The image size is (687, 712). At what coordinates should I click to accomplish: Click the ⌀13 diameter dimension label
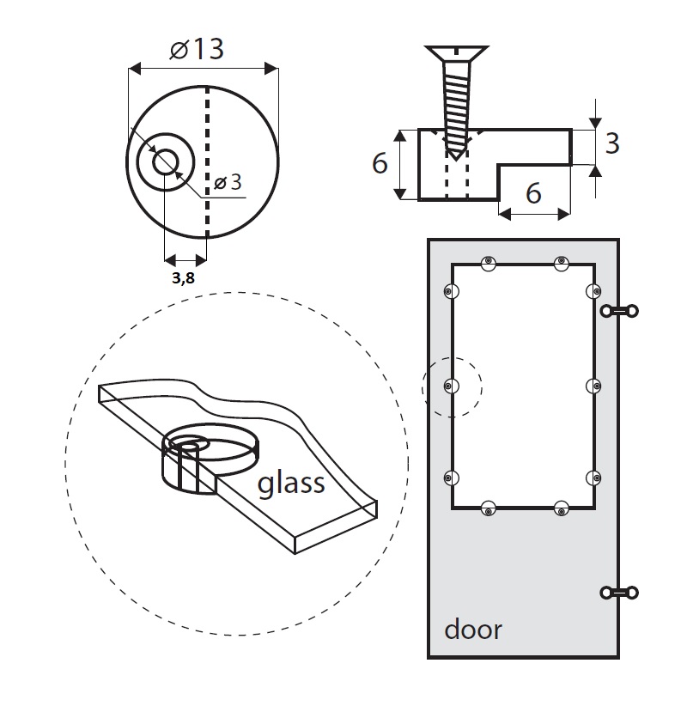(x=198, y=48)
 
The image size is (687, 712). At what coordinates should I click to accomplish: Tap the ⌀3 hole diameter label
(x=228, y=183)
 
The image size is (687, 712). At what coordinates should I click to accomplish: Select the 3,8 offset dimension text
(x=184, y=278)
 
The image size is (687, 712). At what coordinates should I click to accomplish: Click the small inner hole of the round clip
(x=164, y=161)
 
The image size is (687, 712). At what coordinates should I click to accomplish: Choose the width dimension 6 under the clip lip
(x=533, y=194)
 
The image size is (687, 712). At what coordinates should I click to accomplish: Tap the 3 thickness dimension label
(x=611, y=143)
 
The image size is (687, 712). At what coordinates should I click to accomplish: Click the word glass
(x=291, y=484)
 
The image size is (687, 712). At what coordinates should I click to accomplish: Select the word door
(x=472, y=630)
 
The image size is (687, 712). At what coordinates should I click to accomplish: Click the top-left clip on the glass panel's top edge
(x=488, y=263)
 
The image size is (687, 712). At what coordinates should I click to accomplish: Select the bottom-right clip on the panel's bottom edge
(x=562, y=508)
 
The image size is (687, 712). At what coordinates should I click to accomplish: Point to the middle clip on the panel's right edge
(x=592, y=387)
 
